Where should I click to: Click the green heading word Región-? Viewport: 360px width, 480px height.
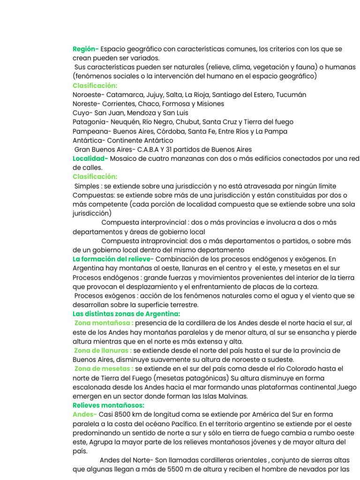pos(85,49)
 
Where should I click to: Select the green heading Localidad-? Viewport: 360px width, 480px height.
pos(90,158)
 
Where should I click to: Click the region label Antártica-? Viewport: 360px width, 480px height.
pos(90,140)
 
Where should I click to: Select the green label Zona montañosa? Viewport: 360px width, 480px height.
pos(103,323)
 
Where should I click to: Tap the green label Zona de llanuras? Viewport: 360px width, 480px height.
pos(103,351)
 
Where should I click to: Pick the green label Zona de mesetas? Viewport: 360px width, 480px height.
pos(103,369)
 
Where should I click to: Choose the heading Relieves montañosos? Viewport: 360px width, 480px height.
pos(108,405)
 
